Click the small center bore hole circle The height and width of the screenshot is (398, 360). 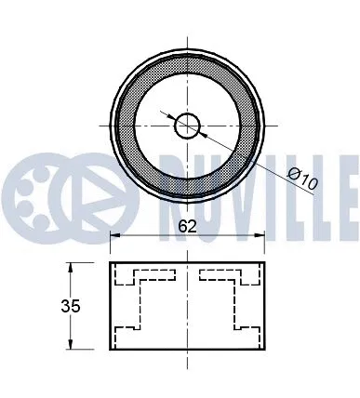pos(187,125)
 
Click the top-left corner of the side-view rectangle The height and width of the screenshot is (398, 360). pos(111,263)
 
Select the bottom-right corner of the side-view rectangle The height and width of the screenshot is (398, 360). pos(264,349)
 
